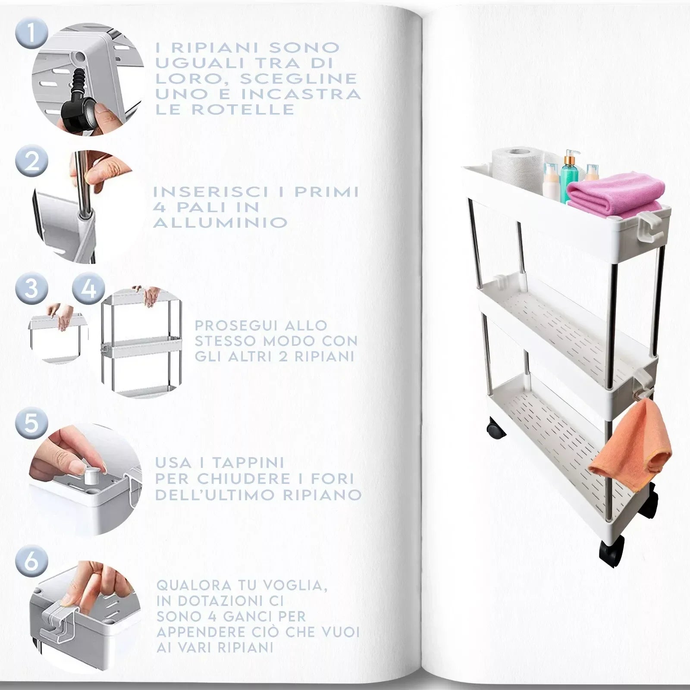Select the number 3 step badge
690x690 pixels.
coord(31,288)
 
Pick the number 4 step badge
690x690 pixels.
coord(89,288)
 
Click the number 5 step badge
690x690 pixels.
coord(31,423)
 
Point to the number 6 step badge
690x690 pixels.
coord(31,562)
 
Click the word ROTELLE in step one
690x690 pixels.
coord(243,109)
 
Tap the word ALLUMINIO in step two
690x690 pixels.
coord(220,223)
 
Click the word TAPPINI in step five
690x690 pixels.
coord(248,463)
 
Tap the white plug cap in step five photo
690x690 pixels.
coord(91,477)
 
